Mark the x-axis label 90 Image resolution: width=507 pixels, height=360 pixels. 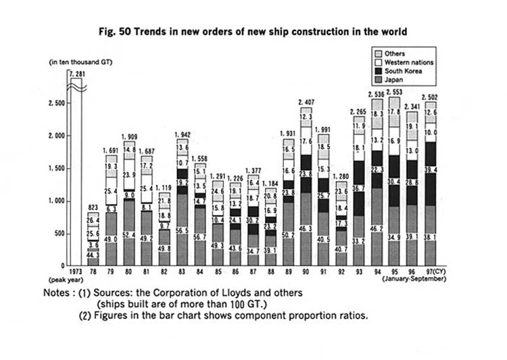click(x=306, y=272)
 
